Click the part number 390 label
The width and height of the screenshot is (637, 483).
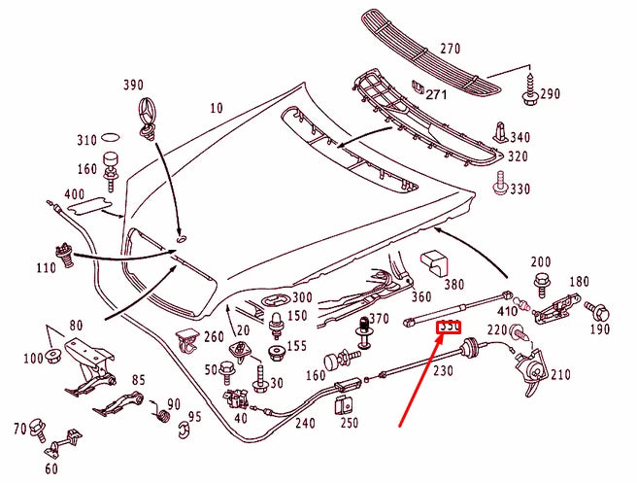pos(133,86)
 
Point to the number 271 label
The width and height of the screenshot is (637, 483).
pos(438,95)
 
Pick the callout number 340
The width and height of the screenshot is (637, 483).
pos(521,138)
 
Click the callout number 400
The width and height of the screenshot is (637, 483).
pos(72,197)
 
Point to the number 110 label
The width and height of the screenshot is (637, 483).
pos(46,267)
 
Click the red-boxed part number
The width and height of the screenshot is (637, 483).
pos(449,328)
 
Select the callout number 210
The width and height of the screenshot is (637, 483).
pos(561,376)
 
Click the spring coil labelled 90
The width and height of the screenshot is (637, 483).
pos(163,417)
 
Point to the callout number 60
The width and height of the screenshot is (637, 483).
pos(50,468)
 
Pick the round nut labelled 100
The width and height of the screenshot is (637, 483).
pos(52,359)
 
